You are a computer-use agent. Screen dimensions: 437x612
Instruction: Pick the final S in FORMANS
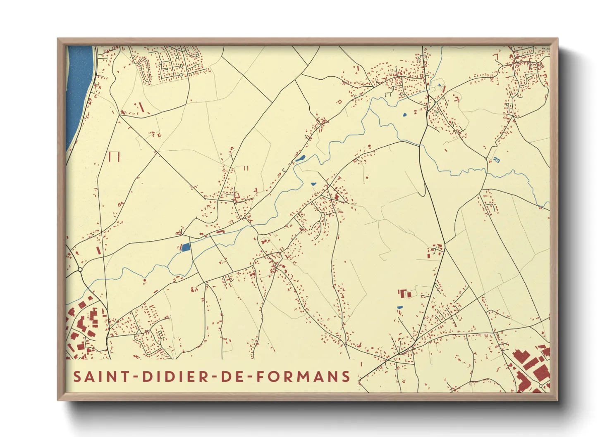click(346, 376)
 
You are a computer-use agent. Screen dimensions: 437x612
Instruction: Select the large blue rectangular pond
click(186, 247)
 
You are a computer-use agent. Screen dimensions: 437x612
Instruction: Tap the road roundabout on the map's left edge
click(80, 270)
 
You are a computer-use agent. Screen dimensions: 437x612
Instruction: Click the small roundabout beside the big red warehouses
click(540, 386)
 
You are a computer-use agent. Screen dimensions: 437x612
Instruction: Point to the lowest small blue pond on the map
click(399, 307)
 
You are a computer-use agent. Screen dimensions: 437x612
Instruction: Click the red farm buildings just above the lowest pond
click(404, 294)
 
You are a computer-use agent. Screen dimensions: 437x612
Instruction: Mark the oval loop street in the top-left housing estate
click(144, 69)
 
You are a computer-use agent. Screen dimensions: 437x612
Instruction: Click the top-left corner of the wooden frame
click(59, 40)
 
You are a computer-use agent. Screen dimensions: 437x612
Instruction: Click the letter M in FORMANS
click(306, 376)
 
